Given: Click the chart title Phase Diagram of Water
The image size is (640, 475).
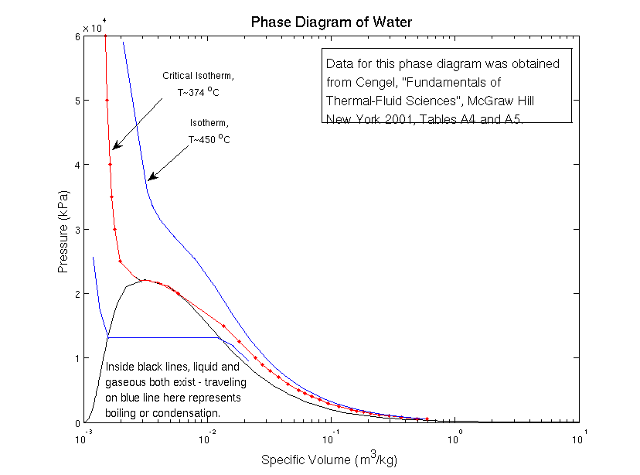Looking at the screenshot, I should pyautogui.click(x=332, y=22).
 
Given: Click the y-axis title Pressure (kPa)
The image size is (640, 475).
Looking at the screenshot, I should pyautogui.click(x=64, y=232).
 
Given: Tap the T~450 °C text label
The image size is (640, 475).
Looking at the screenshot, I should pyautogui.click(x=209, y=139).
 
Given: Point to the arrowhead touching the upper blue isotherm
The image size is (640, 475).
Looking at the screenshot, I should pyautogui.click(x=151, y=178).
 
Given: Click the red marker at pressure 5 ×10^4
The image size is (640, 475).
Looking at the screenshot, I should pyautogui.click(x=107, y=101).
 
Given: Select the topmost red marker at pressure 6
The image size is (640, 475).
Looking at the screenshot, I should pyautogui.click(x=105, y=36).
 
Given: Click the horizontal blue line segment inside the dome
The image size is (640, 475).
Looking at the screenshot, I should pyautogui.click(x=162, y=337).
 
